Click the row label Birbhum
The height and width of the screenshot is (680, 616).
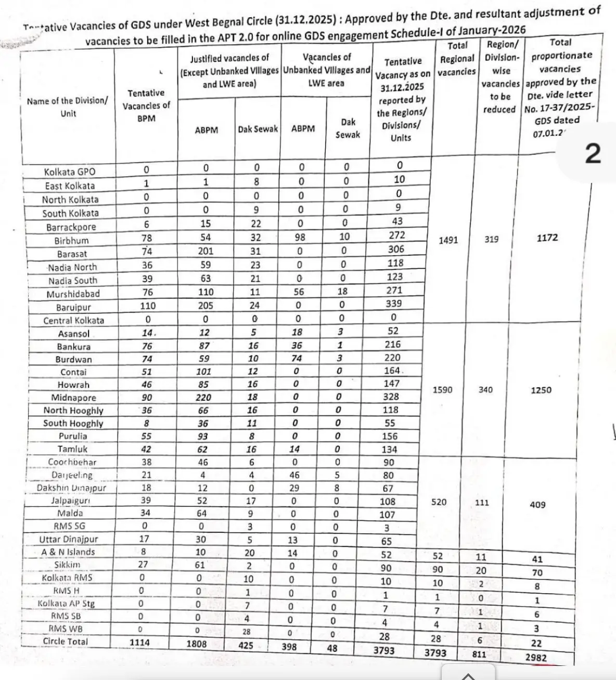[71, 241]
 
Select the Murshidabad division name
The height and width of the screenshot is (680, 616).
[73, 294]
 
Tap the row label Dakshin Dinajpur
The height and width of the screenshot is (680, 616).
[71, 488]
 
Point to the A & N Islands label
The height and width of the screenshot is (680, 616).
[68, 552]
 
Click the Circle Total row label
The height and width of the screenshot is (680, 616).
[66, 642]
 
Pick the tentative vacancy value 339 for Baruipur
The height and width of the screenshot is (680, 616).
[394, 304]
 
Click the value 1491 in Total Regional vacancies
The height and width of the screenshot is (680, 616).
[448, 241]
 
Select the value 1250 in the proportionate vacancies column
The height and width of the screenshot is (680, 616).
[541, 390]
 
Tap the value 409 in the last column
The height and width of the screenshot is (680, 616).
[537, 504]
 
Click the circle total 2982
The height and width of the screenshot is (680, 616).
[536, 657]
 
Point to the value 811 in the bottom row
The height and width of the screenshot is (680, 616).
[479, 654]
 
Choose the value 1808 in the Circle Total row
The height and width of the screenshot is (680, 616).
[196, 644]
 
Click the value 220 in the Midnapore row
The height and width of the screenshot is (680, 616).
[203, 398]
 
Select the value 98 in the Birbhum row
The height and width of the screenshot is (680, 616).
[300, 237]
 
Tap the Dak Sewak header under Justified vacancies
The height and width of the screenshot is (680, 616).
[258, 129]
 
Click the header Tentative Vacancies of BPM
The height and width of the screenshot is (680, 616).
[146, 106]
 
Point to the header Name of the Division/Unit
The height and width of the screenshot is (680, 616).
[68, 107]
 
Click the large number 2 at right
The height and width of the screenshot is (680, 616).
[593, 153]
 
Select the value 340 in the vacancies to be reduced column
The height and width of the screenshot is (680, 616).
[485, 390]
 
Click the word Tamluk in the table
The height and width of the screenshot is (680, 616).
[72, 449]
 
